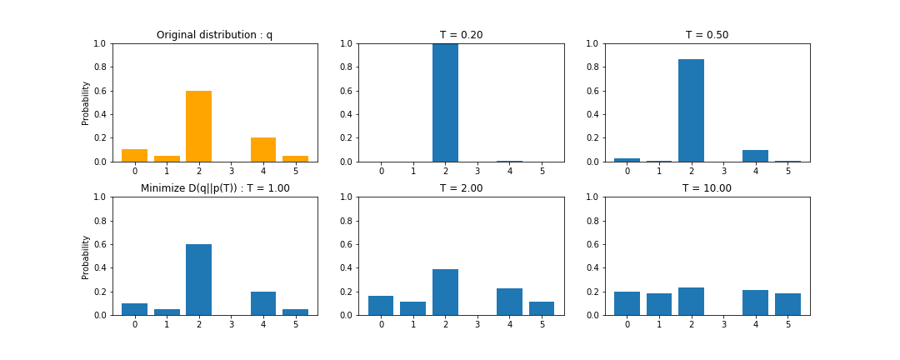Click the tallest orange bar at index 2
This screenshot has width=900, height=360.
(198, 126)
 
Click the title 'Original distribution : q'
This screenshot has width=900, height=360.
(214, 35)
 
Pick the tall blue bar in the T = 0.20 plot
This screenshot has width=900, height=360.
(445, 102)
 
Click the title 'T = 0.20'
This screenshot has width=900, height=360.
(461, 35)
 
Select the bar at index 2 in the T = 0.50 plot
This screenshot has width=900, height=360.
(691, 110)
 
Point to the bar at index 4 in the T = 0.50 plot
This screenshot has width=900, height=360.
(755, 156)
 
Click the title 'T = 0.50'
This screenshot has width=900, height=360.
(707, 35)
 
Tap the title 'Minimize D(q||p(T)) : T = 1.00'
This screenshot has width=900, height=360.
(215, 188)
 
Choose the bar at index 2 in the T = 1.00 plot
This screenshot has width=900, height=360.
(198, 279)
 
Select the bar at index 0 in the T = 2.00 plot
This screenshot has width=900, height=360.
(381, 306)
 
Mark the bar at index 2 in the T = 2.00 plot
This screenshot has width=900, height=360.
(445, 292)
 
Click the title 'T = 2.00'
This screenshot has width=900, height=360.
(461, 188)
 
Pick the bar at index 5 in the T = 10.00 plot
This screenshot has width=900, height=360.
(787, 304)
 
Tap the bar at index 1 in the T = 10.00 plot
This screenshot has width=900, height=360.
(658, 304)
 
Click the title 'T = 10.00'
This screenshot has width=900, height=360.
(707, 188)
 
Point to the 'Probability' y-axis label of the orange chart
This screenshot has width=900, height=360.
(86, 102)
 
